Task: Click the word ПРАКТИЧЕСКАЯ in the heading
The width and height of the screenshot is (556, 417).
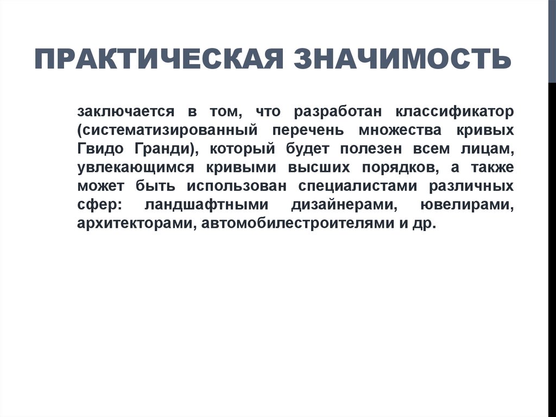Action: pyautogui.click(x=158, y=59)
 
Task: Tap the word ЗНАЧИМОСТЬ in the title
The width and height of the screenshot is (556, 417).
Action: pyautogui.click(x=403, y=59)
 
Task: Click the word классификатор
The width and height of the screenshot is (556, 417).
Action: pyautogui.click(x=454, y=112)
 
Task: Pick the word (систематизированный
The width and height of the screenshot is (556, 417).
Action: pyautogui.click(x=167, y=131)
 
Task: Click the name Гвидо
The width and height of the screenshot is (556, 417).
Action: pyautogui.click(x=96, y=150)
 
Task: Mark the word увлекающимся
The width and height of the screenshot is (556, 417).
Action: pyautogui.click(x=134, y=168)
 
